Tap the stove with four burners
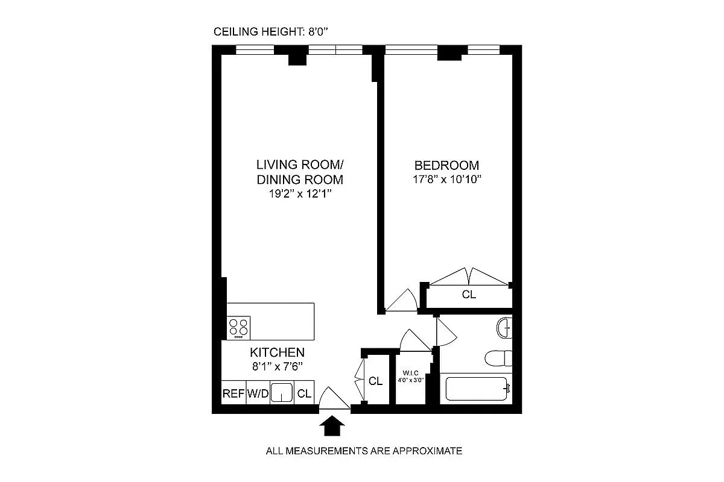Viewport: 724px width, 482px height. (x=239, y=328)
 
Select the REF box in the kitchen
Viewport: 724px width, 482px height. (x=233, y=394)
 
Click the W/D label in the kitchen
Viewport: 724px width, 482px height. (x=258, y=394)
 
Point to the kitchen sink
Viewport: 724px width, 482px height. (x=281, y=393)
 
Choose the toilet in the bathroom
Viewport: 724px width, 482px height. (x=498, y=358)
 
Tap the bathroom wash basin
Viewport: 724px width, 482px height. (x=504, y=329)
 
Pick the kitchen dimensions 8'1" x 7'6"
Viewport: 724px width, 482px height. (x=277, y=366)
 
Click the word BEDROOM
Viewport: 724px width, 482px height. (x=446, y=165)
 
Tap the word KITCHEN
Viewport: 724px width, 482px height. (x=277, y=352)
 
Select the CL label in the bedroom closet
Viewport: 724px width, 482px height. (x=469, y=295)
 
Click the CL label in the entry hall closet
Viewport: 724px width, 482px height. (x=376, y=381)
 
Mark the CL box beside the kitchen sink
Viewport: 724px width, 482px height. (x=305, y=394)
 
